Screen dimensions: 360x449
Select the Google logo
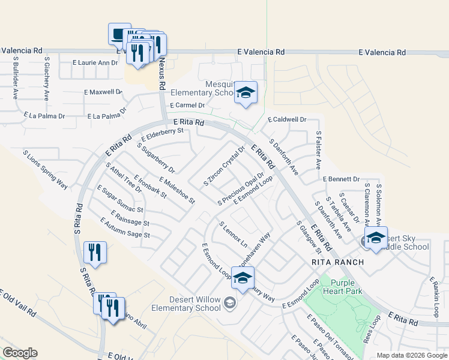[20, 353]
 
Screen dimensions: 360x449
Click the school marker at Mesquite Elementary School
[246, 92]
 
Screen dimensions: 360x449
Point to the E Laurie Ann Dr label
[95, 62]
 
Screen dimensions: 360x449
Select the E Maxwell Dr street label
[103, 92]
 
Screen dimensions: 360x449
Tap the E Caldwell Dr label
[287, 120]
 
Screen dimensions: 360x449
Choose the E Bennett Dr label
[341, 179]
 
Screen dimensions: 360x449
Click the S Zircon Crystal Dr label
[224, 166]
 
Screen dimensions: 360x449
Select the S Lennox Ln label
[234, 235]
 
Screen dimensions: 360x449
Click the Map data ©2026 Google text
[411, 355]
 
